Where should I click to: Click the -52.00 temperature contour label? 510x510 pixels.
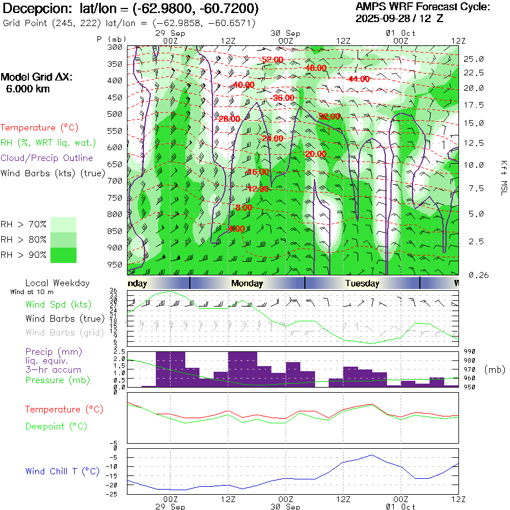point(272,59)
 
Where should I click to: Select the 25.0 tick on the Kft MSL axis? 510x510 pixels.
point(473,59)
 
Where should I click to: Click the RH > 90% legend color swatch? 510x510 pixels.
point(63,255)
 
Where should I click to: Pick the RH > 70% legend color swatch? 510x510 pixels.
point(63,224)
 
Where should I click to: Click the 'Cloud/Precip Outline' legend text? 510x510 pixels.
point(47,158)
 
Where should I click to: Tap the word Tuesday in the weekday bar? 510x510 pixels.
point(362,283)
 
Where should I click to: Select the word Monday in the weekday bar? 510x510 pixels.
point(247,283)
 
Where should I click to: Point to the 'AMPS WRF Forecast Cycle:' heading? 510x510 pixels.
point(422,7)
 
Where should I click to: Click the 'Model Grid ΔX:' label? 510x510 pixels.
point(37,78)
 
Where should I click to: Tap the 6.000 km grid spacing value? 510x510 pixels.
point(28,88)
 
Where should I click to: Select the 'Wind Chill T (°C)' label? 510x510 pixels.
point(62,471)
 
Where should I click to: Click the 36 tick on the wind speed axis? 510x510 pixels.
point(113,291)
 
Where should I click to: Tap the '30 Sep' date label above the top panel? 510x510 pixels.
point(286,33)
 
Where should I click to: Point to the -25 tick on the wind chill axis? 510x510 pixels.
point(114,494)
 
